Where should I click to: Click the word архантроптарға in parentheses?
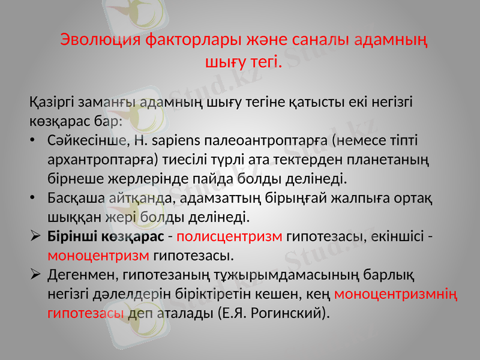pyautogui.click(x=102, y=160)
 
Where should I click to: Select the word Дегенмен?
pyautogui.click(x=82, y=275)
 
